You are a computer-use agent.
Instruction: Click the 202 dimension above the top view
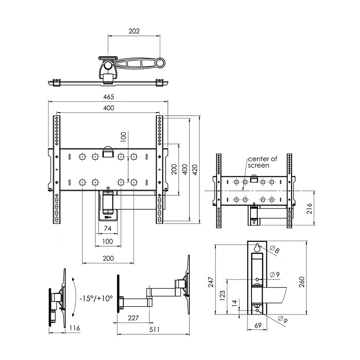click(134, 31)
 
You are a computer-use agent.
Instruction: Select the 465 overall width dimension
click(108, 97)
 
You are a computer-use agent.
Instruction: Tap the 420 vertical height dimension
click(195, 170)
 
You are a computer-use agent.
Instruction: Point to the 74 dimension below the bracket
click(108, 228)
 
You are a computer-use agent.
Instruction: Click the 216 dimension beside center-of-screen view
click(310, 208)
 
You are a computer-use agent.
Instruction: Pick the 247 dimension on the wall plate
click(211, 282)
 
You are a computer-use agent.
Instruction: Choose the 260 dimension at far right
click(301, 282)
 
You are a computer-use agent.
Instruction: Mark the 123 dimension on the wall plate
click(222, 296)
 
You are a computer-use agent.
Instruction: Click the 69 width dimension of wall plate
click(258, 325)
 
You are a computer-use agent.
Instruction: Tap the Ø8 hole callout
click(274, 249)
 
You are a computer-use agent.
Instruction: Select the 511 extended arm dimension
click(154, 329)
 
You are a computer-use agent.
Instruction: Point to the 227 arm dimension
click(133, 318)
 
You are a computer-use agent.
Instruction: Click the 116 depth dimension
click(75, 328)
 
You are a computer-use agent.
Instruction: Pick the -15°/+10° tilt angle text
click(96, 298)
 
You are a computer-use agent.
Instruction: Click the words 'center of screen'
click(262, 162)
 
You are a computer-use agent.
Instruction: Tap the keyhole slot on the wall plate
click(257, 248)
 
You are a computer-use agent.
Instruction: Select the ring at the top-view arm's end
click(161, 62)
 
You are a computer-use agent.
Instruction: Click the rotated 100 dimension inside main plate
click(123, 137)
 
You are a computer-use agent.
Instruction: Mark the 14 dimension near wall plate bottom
click(234, 303)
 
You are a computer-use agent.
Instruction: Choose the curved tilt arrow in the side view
click(75, 297)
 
